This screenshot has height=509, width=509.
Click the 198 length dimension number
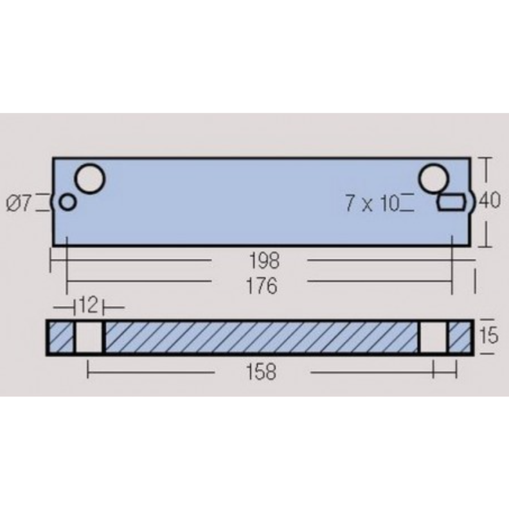point(264,260)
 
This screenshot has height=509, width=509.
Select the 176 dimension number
point(262,286)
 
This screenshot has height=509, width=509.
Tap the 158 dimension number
point(262,371)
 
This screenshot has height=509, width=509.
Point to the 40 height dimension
point(490,200)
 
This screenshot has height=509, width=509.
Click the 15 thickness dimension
point(488,335)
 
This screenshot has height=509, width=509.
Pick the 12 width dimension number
point(88,305)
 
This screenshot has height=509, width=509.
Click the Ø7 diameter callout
point(19,204)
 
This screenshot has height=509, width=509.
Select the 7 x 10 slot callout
point(372,204)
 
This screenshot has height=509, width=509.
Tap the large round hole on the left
point(90,179)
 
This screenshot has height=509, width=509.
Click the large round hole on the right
point(433,179)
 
